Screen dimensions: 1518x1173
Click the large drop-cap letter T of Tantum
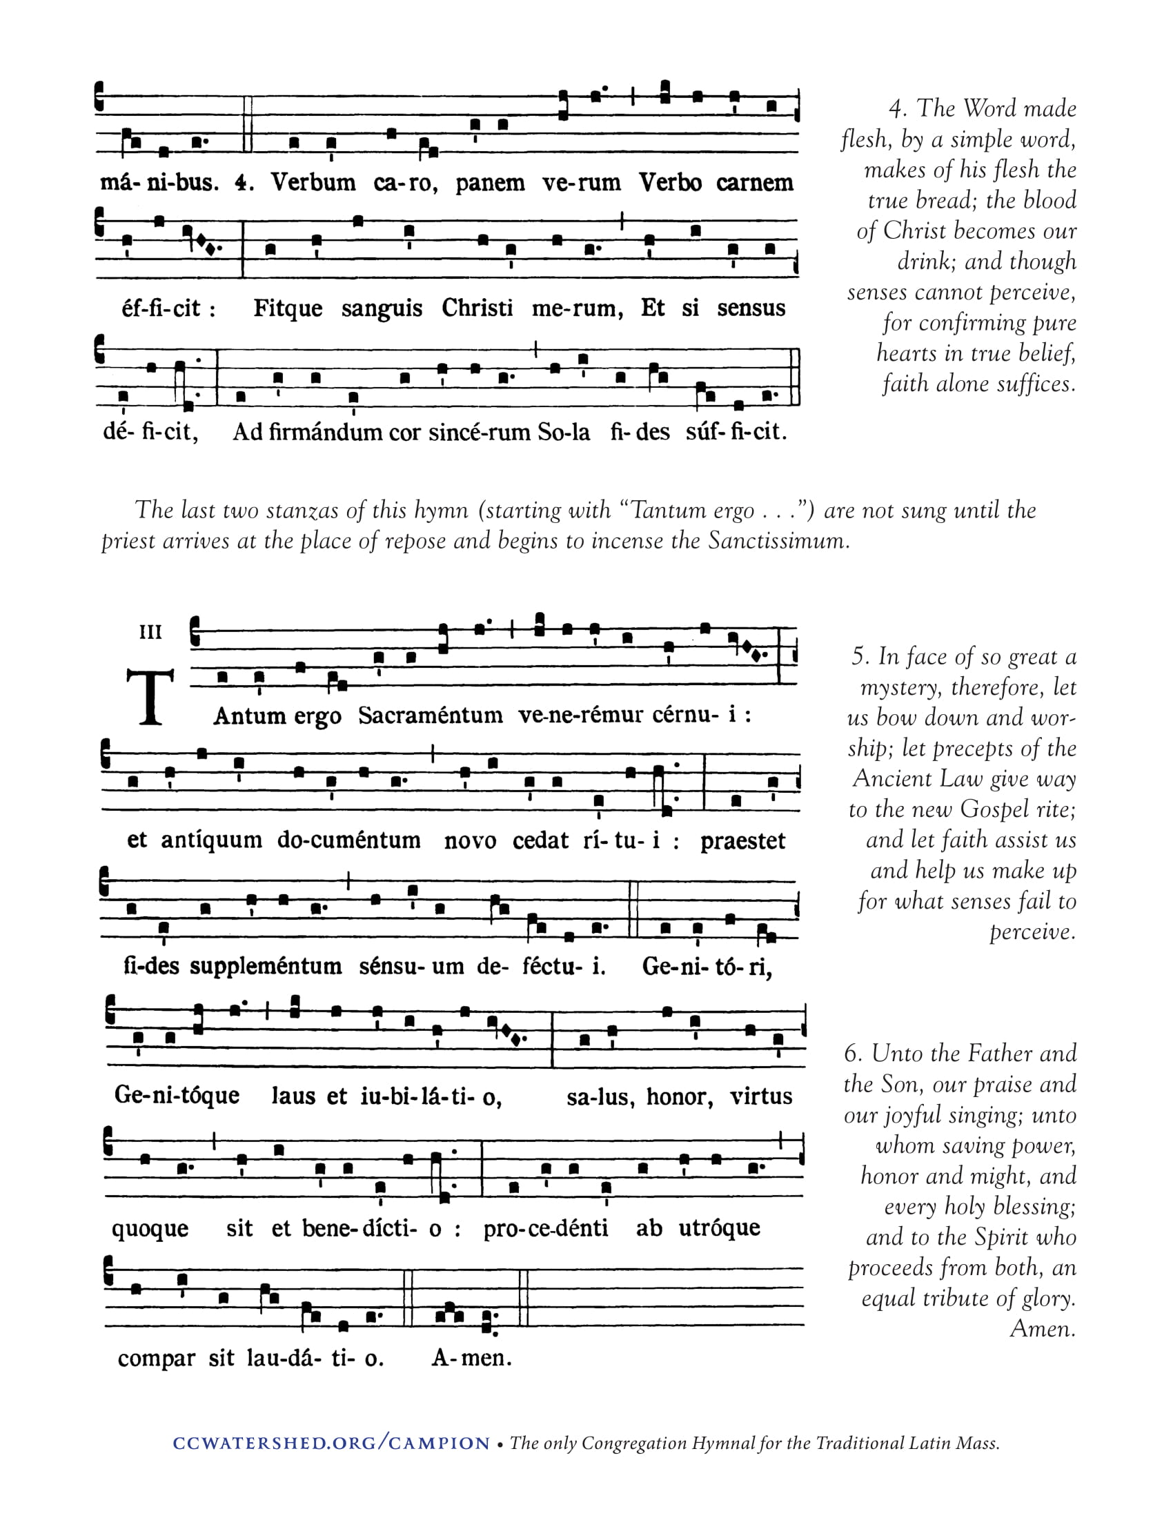[150, 697]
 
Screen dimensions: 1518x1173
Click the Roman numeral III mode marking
[151, 632]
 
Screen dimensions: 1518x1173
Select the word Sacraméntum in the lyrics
[430, 716]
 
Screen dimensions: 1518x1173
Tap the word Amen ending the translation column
[1043, 1329]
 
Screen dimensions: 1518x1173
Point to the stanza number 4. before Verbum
[244, 183]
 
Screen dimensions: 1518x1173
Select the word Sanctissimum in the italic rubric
[778, 540]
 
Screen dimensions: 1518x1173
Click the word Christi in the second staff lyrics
[477, 308]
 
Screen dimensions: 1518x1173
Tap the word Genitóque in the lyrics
[177, 1096]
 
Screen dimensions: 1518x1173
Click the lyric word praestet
[742, 841]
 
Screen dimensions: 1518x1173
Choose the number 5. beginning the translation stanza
[860, 656]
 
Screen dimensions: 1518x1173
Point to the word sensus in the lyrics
[751, 308]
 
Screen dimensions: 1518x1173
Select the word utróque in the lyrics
[718, 1228]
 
